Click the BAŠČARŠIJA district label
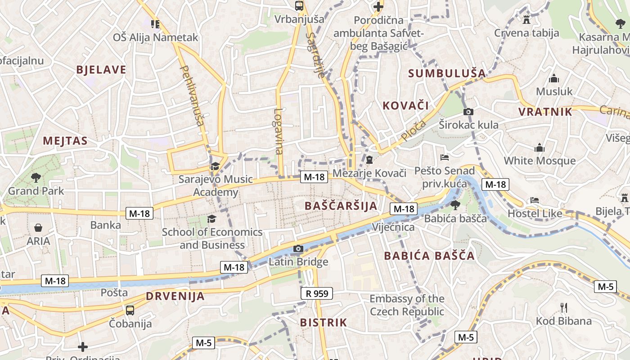[341, 206]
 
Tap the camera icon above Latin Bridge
[298, 248]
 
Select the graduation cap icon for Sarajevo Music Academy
[215, 166]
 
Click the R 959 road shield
[316, 294]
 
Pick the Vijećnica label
[393, 227]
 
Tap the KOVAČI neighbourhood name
[405, 106]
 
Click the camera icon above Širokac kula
[468, 112]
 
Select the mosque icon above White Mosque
[539, 148]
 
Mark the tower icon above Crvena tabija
[526, 19]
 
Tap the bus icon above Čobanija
[130, 310]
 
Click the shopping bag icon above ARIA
[38, 228]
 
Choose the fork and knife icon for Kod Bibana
[563, 308]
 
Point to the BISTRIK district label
[323, 323]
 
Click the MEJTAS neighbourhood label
[65, 141]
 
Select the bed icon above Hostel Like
[535, 200]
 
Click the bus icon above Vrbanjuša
[299, 6]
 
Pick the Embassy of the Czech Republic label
[407, 305]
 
